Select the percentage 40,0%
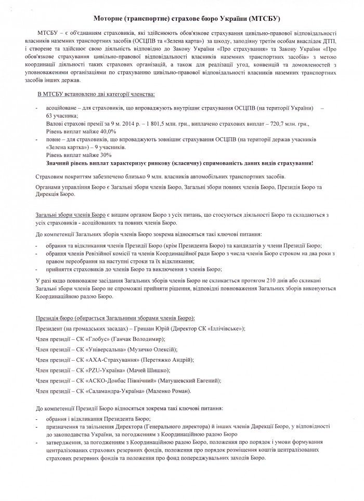(103, 132)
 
